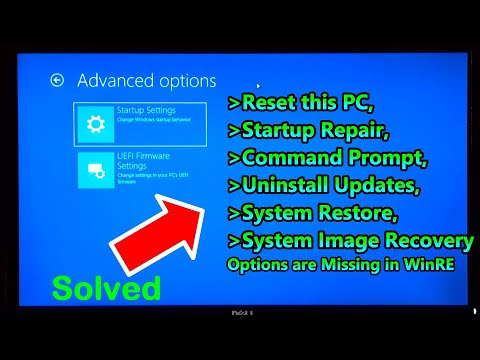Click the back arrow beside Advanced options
point(58,79)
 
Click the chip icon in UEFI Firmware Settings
point(97,171)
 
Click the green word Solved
point(106,288)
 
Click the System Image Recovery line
point(350,241)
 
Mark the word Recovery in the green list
point(432,241)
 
